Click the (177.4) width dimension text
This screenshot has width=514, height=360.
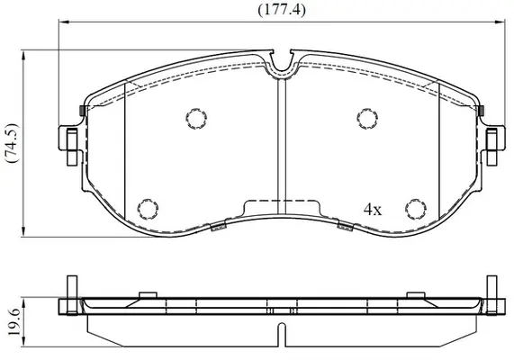[x=282, y=10]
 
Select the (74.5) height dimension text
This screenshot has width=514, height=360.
[x=12, y=143]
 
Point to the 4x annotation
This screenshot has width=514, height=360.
[x=373, y=209]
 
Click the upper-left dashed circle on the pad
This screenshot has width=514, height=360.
[x=196, y=119]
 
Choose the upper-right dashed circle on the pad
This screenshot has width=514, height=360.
[x=367, y=118]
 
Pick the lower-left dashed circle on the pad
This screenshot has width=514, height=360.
[x=148, y=209]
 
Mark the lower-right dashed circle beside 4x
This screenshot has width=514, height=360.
[x=416, y=209]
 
